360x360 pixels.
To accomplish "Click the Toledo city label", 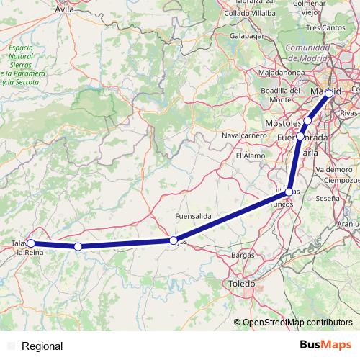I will coord(241,285).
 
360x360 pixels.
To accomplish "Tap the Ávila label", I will coord(64,10).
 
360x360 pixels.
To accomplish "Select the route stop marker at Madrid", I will coord(329,94).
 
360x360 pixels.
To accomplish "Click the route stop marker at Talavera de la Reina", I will coord(30,243).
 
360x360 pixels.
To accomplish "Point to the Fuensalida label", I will coord(192,216).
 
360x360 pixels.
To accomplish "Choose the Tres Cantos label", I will coord(322,27).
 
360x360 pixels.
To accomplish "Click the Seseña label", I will coord(327,197).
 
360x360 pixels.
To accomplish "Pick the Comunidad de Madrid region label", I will coord(308,52).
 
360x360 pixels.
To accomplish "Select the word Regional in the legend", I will coord(42,346).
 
